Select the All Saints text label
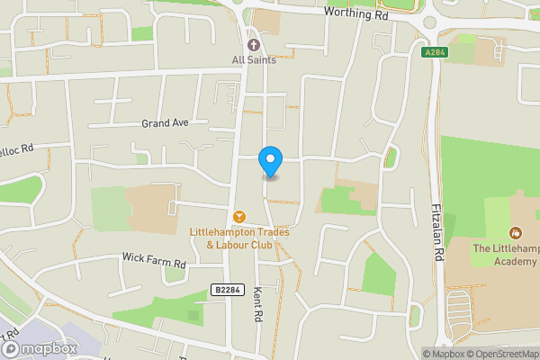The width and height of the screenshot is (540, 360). point(254,60)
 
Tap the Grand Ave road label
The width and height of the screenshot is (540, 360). point(165,122)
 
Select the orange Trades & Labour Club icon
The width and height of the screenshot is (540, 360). point(239,216)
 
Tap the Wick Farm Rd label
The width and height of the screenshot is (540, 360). point(153,258)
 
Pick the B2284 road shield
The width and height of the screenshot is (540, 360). point(229,289)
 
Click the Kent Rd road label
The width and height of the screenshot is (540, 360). point(258,306)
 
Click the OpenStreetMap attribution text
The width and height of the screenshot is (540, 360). point(505,354)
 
